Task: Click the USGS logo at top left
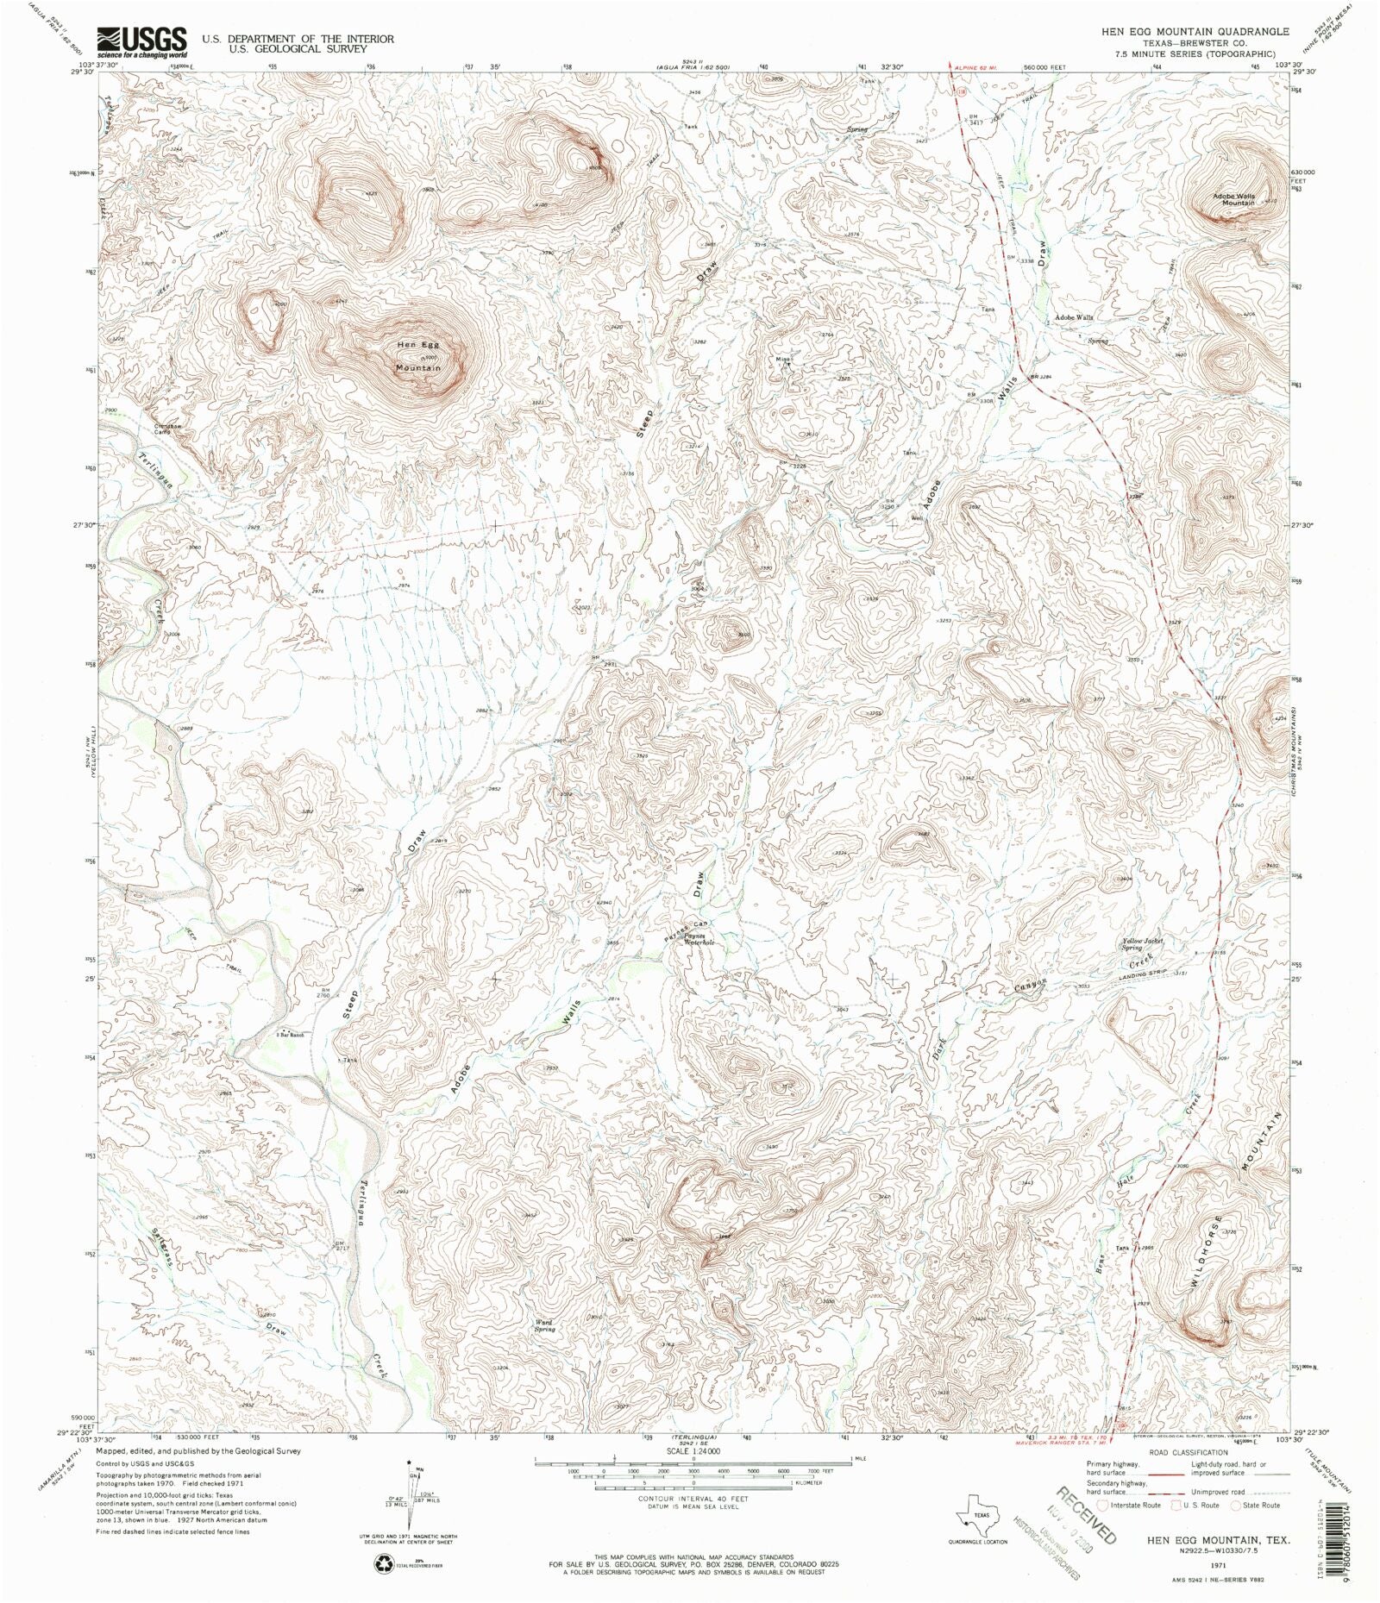tap(142, 41)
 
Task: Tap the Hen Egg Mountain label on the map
tap(419, 356)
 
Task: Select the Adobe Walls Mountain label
tap(1233, 198)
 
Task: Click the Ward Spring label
tap(543, 1325)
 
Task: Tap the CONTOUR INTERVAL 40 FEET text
tap(693, 1499)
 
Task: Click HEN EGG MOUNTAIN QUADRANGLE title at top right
tap(1195, 31)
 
